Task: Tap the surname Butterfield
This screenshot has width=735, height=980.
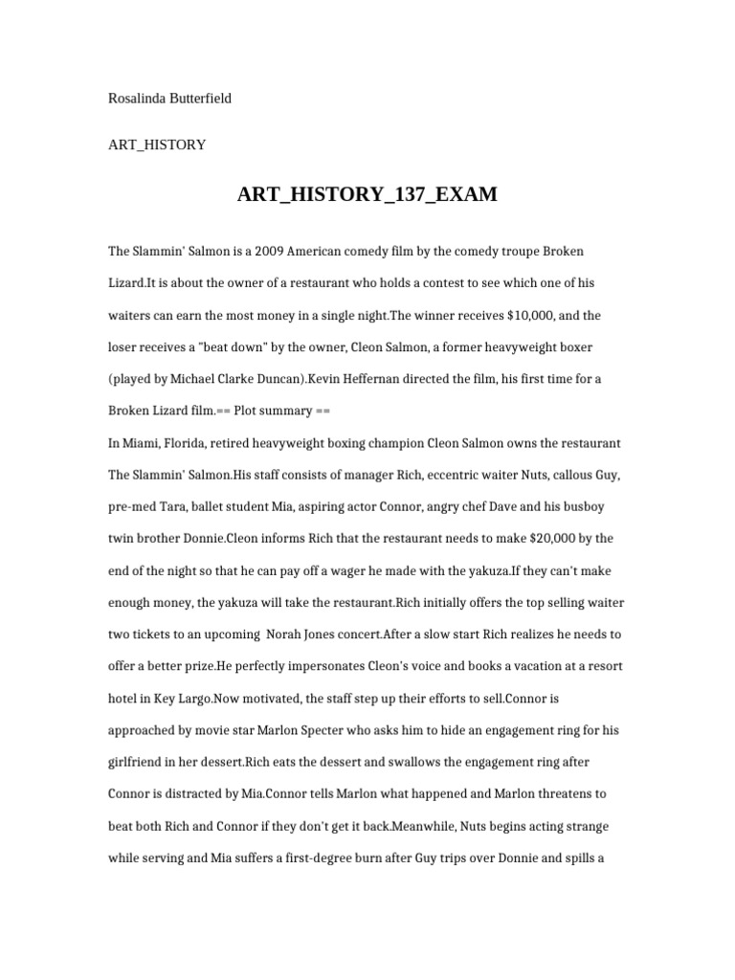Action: coord(200,99)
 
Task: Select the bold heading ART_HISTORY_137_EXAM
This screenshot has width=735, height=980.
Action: coord(367,194)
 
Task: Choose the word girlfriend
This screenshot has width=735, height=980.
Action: coord(140,763)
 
